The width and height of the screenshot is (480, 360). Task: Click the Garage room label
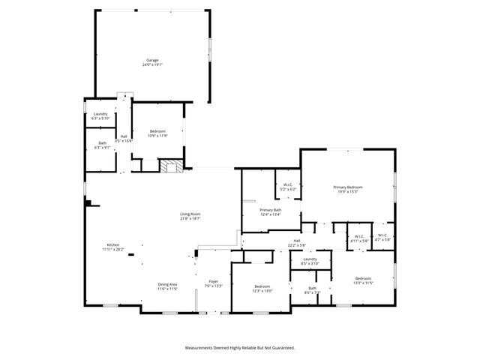(x=152, y=62)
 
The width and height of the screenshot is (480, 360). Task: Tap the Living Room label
(x=190, y=216)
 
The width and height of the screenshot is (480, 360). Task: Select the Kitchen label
(x=112, y=247)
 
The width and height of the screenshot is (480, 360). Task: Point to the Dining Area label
(x=167, y=286)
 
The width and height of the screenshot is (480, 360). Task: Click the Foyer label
(x=213, y=283)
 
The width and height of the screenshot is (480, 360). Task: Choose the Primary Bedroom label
(x=348, y=189)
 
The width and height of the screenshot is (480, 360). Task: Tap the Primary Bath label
(x=271, y=212)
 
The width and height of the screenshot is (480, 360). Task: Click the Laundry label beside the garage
(x=100, y=116)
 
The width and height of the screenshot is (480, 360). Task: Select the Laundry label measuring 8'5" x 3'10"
(x=310, y=261)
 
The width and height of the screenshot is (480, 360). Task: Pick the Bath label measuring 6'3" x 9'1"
(x=102, y=145)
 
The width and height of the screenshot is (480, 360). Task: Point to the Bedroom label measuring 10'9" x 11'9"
(x=157, y=133)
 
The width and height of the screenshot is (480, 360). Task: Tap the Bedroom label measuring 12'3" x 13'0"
(x=262, y=288)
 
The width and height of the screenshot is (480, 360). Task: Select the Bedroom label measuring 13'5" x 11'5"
(x=363, y=280)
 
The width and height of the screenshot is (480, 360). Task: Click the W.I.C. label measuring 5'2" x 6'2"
(x=288, y=187)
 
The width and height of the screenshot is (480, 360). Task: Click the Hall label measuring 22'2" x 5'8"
(x=297, y=243)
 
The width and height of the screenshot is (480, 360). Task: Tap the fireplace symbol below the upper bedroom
(x=171, y=166)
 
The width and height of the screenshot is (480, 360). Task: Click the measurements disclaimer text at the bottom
(x=240, y=348)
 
